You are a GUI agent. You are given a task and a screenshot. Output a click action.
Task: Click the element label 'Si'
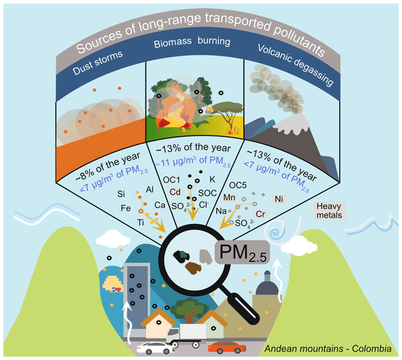point(121,194)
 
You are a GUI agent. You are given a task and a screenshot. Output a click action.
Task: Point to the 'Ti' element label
point(140,222)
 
